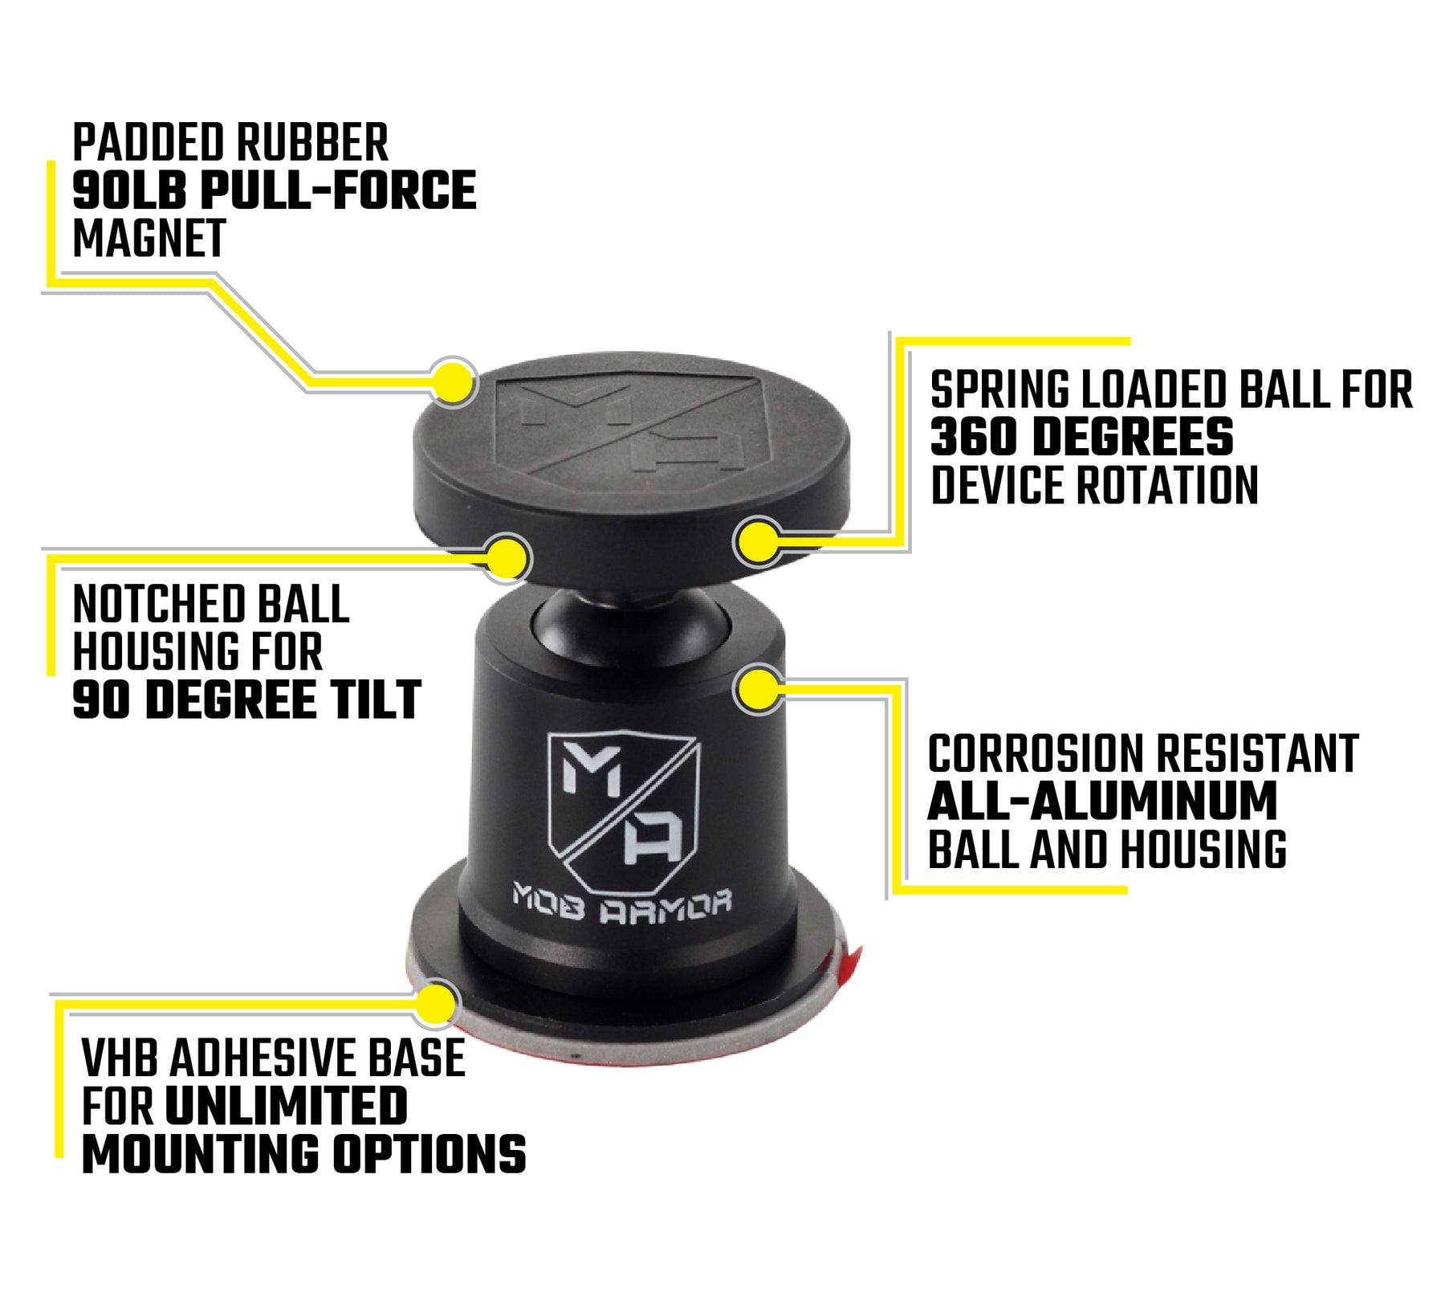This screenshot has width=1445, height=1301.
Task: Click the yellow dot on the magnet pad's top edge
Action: click(454, 381)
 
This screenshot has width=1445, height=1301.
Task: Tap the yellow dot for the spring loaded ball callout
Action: click(758, 540)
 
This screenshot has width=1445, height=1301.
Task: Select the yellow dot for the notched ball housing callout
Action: click(507, 557)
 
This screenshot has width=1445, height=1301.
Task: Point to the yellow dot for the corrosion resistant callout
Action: click(759, 688)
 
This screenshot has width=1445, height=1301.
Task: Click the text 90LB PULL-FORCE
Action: click(274, 191)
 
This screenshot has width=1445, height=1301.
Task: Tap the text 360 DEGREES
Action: click(1081, 437)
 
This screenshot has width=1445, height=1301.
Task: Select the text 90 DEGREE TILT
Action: click(246, 699)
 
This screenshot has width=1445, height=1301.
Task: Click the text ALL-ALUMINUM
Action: click(1102, 801)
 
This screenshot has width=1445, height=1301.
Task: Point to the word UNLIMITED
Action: click(286, 1106)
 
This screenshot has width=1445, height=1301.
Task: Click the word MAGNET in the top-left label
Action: click(149, 239)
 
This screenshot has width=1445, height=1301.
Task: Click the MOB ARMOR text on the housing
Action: click(622, 903)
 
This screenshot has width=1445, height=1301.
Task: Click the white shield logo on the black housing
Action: click(623, 807)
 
